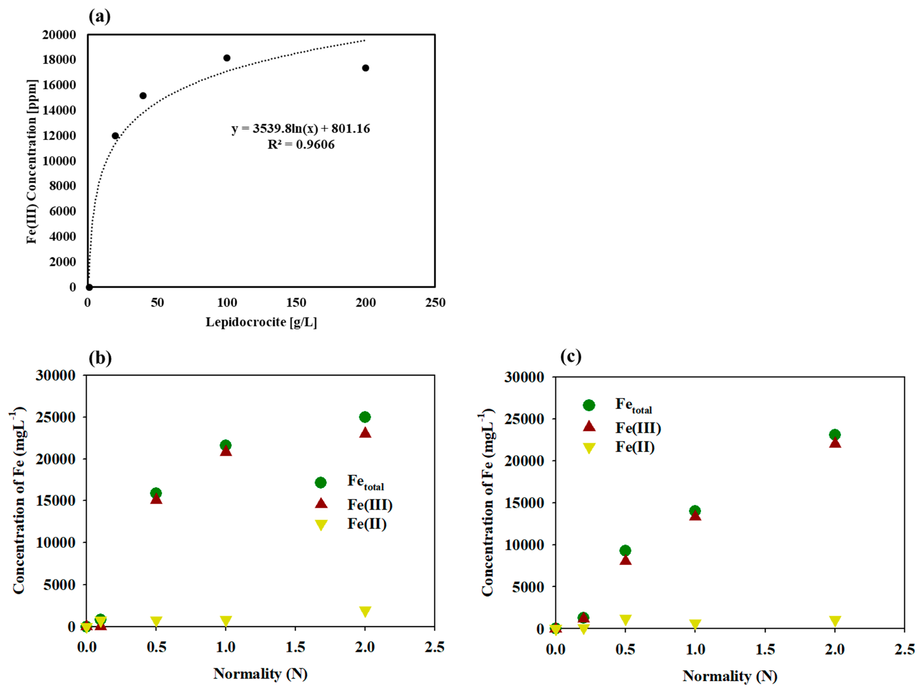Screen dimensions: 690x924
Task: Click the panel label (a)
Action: pos(99,17)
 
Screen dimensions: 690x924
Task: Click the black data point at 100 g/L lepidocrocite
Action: pos(227,58)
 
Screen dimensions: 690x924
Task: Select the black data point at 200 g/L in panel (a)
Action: pos(365,68)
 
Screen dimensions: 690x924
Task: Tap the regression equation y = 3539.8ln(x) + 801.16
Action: pos(301,128)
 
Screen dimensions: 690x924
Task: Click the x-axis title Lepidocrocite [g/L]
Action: pos(261,322)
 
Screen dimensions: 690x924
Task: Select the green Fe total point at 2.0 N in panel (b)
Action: pos(365,417)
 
